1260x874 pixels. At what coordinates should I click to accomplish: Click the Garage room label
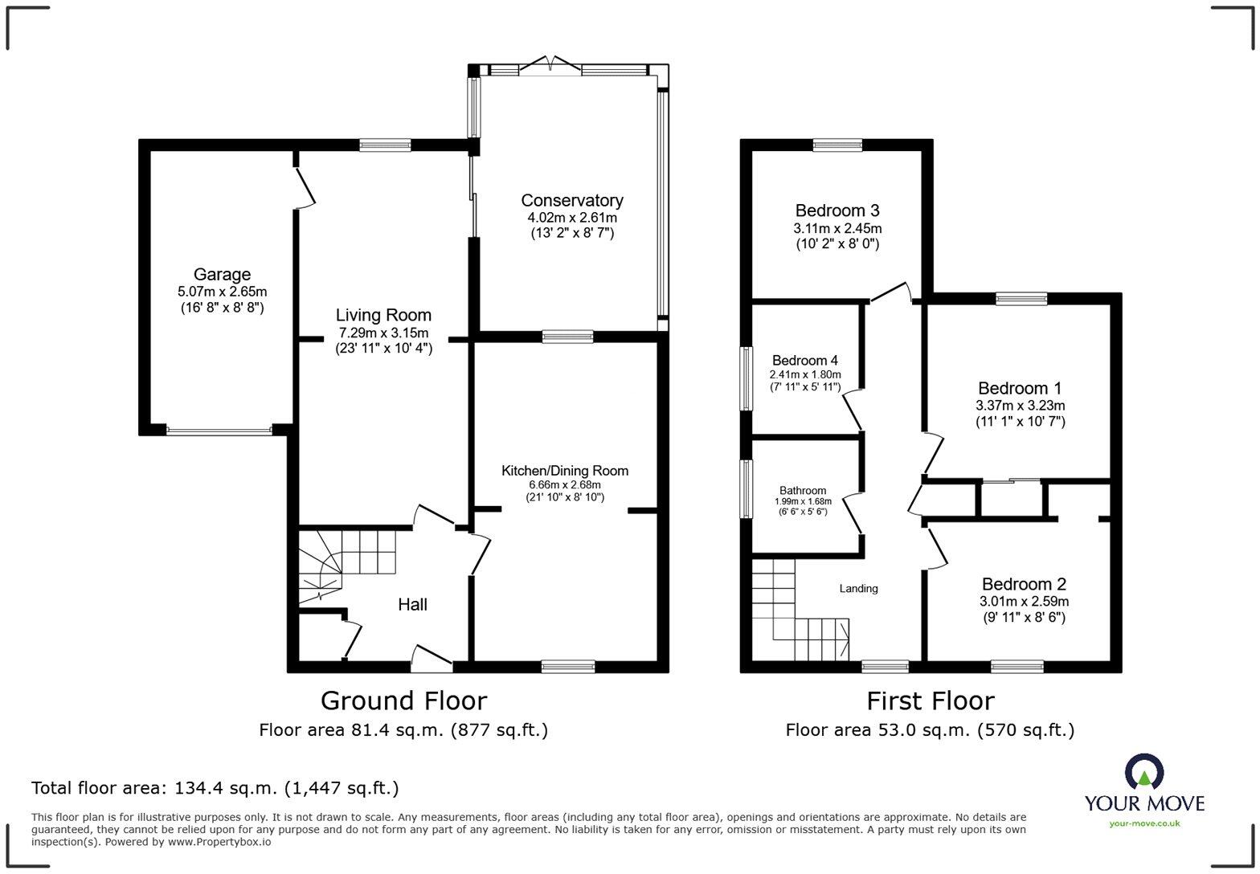click(x=222, y=275)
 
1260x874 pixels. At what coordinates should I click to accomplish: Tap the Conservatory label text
click(x=571, y=201)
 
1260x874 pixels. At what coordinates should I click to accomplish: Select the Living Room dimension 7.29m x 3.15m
click(x=382, y=333)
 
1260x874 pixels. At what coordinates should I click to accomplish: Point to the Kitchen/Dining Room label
click(x=565, y=471)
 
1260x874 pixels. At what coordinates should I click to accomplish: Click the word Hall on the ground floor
click(x=412, y=605)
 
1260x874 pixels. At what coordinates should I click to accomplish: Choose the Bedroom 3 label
click(x=837, y=210)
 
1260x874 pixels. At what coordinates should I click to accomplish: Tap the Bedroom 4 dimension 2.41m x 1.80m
click(x=805, y=374)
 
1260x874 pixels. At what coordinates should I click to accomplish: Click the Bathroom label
click(x=802, y=491)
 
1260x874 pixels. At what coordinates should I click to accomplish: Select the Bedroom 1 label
click(x=1020, y=389)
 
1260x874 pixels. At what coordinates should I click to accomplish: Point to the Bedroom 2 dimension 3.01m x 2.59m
click(x=1024, y=602)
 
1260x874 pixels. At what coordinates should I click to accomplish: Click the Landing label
click(x=858, y=589)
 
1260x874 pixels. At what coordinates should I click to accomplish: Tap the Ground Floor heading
click(x=403, y=700)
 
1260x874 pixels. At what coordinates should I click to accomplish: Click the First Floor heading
click(x=930, y=700)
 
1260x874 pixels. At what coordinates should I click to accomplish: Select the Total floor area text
click(x=215, y=788)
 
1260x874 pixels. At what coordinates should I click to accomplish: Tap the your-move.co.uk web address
click(x=1144, y=823)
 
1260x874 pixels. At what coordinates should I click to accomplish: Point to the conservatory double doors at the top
click(x=550, y=67)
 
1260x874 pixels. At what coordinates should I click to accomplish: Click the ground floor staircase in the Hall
click(x=346, y=562)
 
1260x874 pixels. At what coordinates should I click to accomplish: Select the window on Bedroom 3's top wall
click(x=837, y=145)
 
